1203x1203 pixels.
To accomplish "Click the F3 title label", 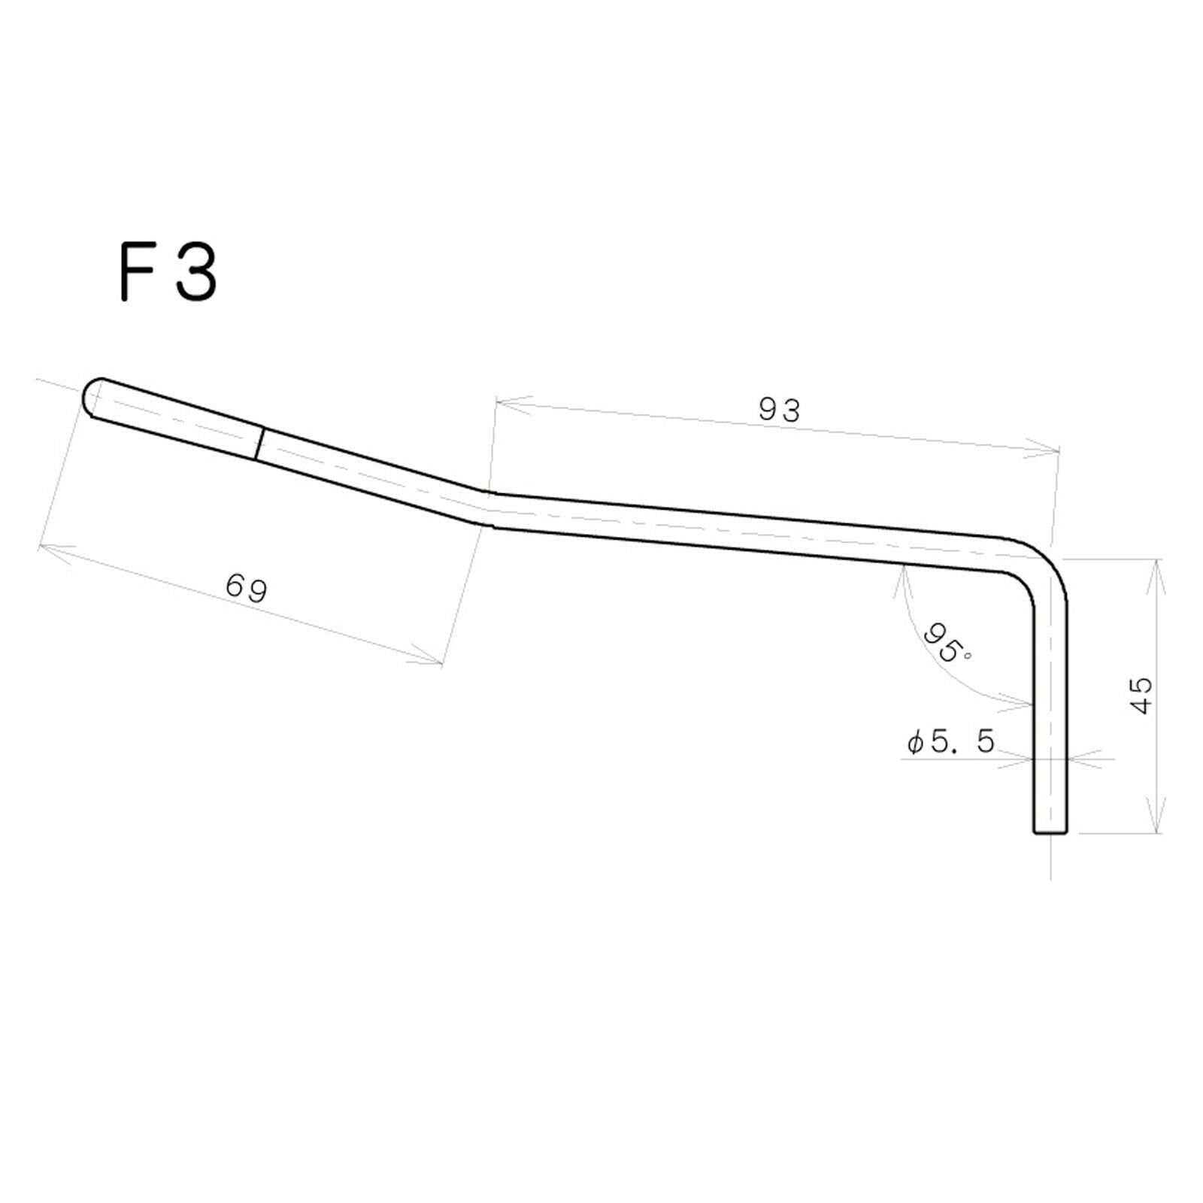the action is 168,271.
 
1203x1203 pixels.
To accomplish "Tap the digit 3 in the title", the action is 196,271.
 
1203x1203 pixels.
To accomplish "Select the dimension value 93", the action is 780,410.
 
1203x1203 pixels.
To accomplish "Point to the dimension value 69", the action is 247,588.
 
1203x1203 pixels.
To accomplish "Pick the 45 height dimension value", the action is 1141,695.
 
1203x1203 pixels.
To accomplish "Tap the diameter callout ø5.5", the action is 951,742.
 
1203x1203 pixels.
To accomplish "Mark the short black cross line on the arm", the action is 260,444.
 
